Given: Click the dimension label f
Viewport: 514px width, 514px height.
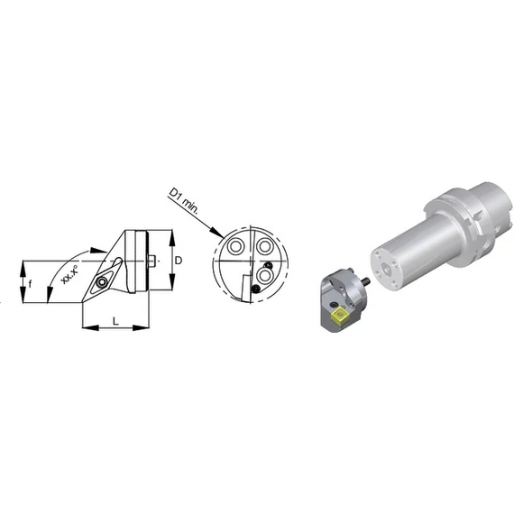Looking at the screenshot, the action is coord(30,283).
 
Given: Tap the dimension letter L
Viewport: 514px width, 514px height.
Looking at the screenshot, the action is coord(115,321).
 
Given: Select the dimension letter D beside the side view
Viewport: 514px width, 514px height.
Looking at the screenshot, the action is coord(179,261).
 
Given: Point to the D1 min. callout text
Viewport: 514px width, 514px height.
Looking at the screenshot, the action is coord(183,201).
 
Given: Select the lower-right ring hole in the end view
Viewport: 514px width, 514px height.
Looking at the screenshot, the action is coord(264,275).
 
